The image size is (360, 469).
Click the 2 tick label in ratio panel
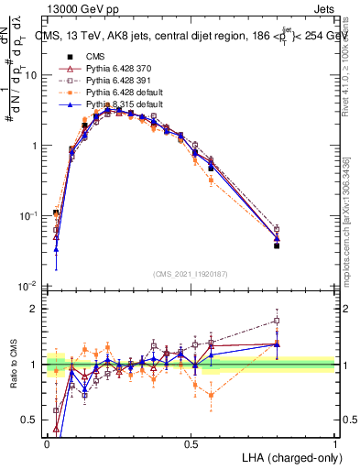(x=35, y=309)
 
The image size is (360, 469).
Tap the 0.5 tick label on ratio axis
(x=30, y=421)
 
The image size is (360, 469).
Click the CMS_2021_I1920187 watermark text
(x=191, y=273)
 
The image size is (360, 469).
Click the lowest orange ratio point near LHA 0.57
(x=212, y=396)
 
